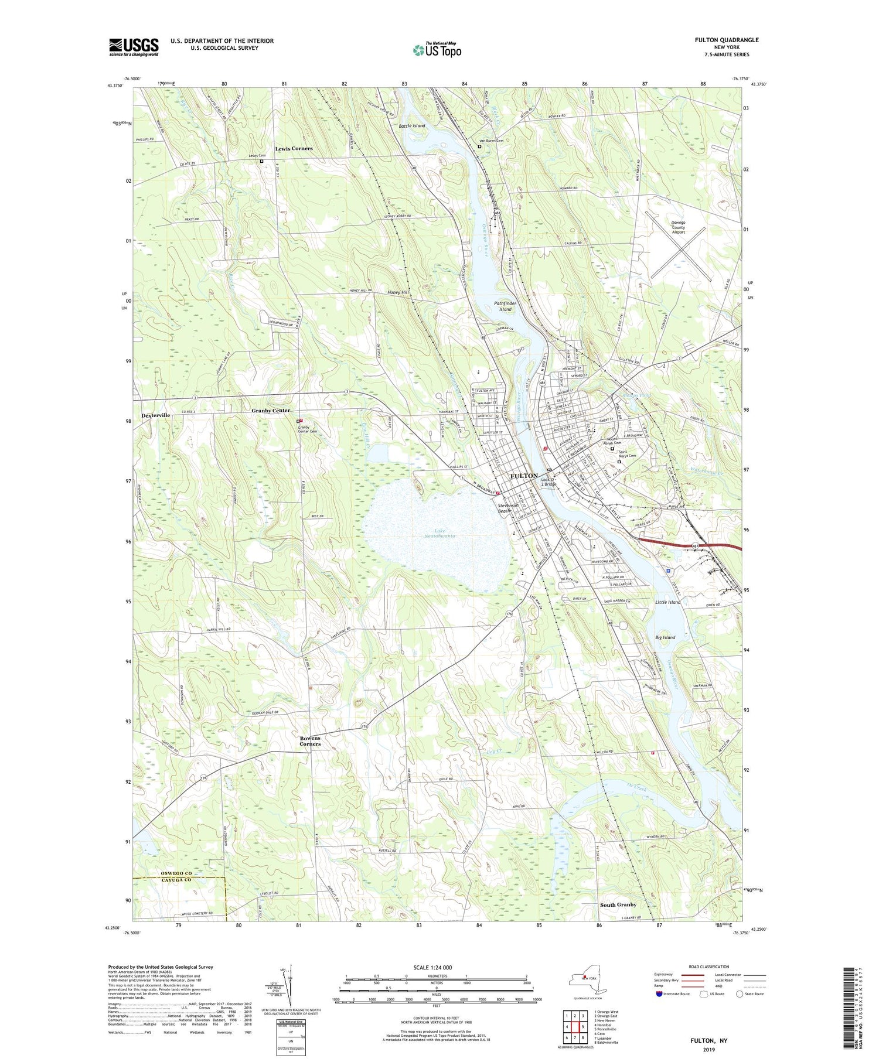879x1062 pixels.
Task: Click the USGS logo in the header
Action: click(134, 47)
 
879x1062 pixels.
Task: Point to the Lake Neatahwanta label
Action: click(436, 533)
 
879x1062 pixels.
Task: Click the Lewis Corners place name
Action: click(294, 149)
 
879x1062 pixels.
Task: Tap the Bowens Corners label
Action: click(310, 740)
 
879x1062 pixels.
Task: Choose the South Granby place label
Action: click(618, 905)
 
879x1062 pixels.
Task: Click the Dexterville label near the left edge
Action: click(155, 415)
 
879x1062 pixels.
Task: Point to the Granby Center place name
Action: click(271, 411)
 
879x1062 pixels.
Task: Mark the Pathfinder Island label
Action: click(502, 306)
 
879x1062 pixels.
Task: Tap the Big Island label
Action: click(665, 637)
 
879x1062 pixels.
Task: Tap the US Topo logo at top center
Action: click(437, 50)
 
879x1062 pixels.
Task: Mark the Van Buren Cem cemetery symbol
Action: click(479, 148)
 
